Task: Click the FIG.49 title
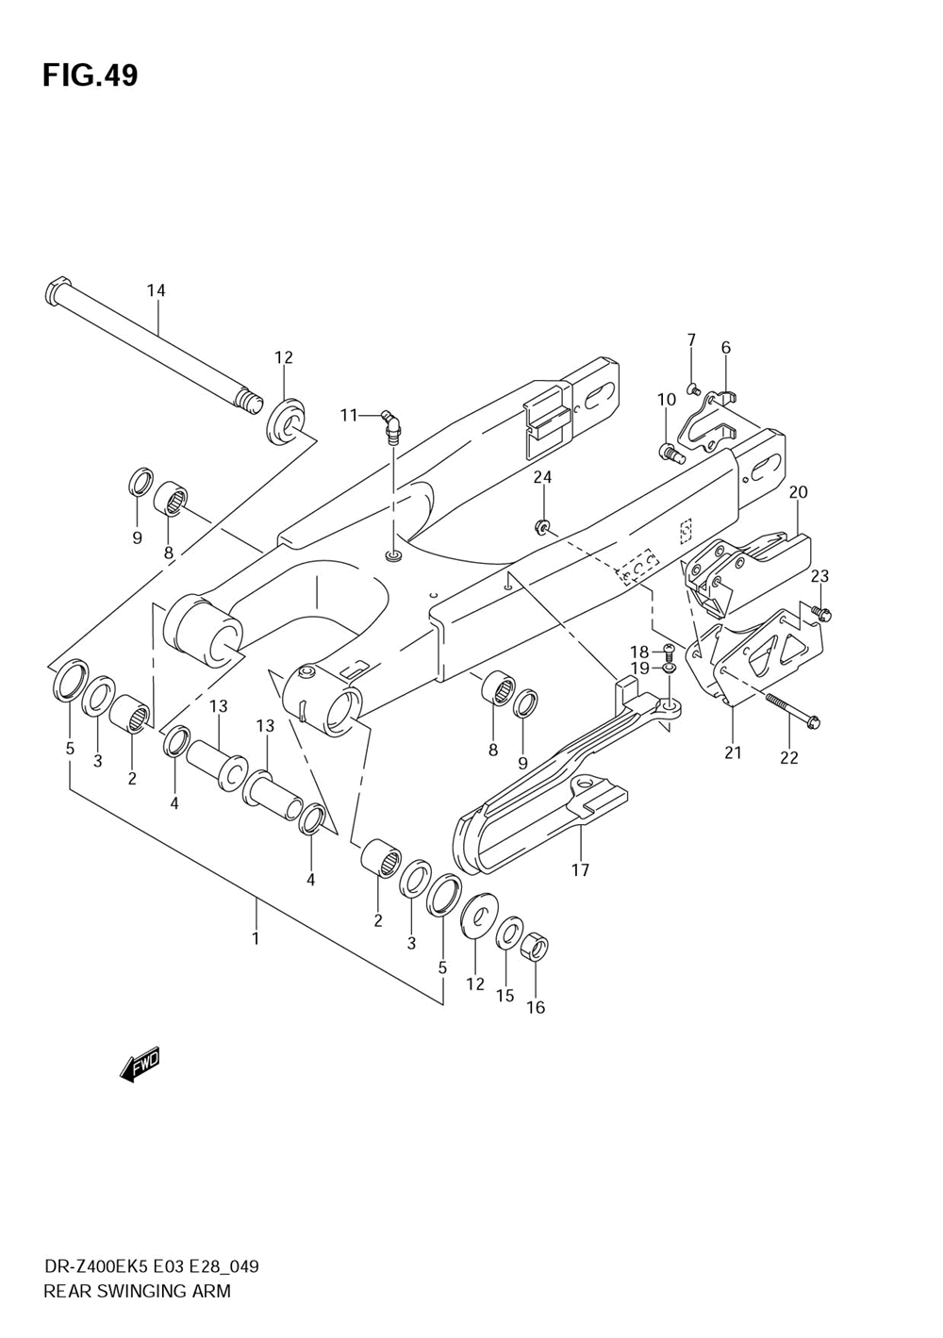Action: [90, 75]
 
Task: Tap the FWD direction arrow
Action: [141, 1064]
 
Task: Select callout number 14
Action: [156, 290]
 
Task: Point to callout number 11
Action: [350, 415]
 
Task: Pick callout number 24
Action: [542, 477]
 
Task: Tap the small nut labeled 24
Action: [542, 526]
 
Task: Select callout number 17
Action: [580, 869]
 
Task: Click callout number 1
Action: [255, 938]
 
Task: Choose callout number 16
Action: [536, 1007]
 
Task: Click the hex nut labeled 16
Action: [535, 947]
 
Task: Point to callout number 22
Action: [789, 756]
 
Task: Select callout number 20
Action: [799, 491]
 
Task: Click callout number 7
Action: [691, 339]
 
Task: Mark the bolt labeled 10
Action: [670, 454]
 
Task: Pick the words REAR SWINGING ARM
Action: [137, 1291]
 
